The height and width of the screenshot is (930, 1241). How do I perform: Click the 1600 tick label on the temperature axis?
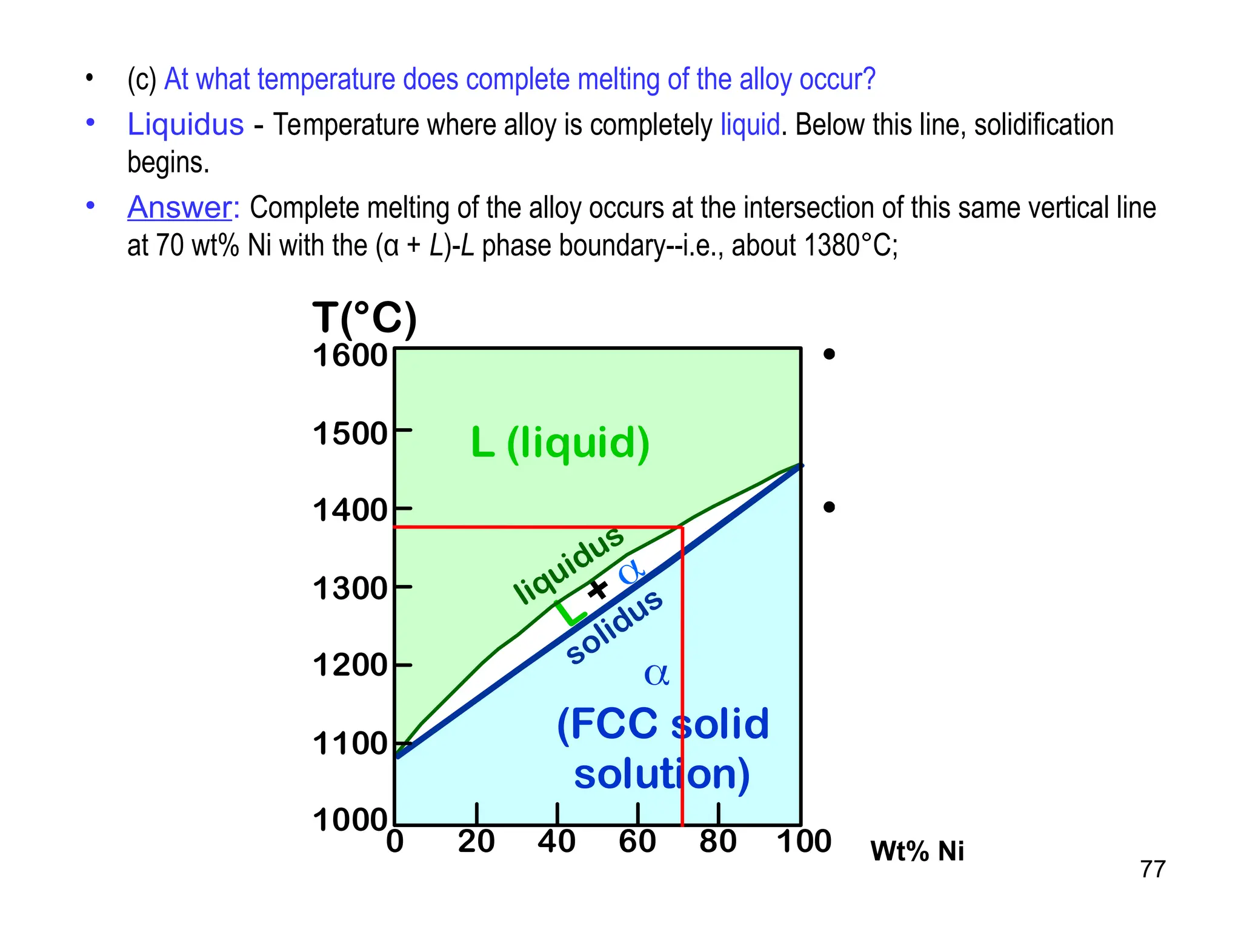click(x=350, y=355)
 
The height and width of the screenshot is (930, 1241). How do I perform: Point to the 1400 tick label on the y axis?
click(x=350, y=510)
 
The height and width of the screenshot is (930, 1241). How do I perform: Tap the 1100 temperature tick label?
click(x=350, y=744)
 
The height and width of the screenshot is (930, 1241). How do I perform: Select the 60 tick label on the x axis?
click(x=637, y=842)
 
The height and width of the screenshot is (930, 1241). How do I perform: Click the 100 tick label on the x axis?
click(x=803, y=842)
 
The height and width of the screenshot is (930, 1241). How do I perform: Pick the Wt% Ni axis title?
click(x=916, y=851)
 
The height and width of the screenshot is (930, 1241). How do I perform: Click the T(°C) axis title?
click(x=364, y=318)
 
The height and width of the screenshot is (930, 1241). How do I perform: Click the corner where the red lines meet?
click(x=682, y=527)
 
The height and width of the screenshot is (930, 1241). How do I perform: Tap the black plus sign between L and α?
click(x=598, y=589)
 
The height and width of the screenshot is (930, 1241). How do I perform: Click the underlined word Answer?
click(x=179, y=208)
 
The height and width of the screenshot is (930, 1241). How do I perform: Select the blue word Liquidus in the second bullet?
click(x=185, y=125)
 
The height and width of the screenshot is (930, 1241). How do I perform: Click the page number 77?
click(x=1152, y=869)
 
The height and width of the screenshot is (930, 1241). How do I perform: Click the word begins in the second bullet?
click(x=168, y=163)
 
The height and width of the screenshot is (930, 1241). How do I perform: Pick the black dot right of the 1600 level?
click(x=830, y=354)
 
